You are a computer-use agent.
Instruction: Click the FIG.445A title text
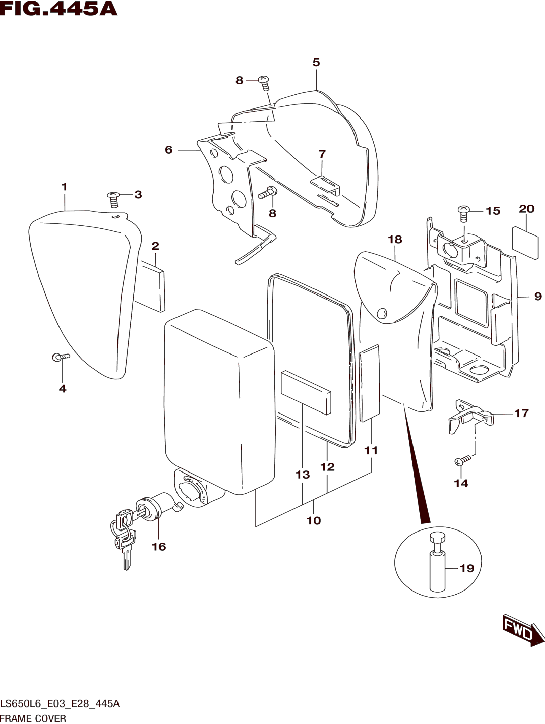[x=58, y=9]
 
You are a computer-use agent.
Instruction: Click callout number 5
[x=316, y=62]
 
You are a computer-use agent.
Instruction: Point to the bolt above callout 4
[x=61, y=357]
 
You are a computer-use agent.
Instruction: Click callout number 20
[x=526, y=209]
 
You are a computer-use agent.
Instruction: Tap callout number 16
[x=159, y=547]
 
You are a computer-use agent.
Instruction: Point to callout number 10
[x=313, y=520]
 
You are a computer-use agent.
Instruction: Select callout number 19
[x=467, y=569]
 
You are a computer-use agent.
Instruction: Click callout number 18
[x=395, y=240]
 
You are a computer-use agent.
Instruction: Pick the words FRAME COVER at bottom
[x=33, y=718]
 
